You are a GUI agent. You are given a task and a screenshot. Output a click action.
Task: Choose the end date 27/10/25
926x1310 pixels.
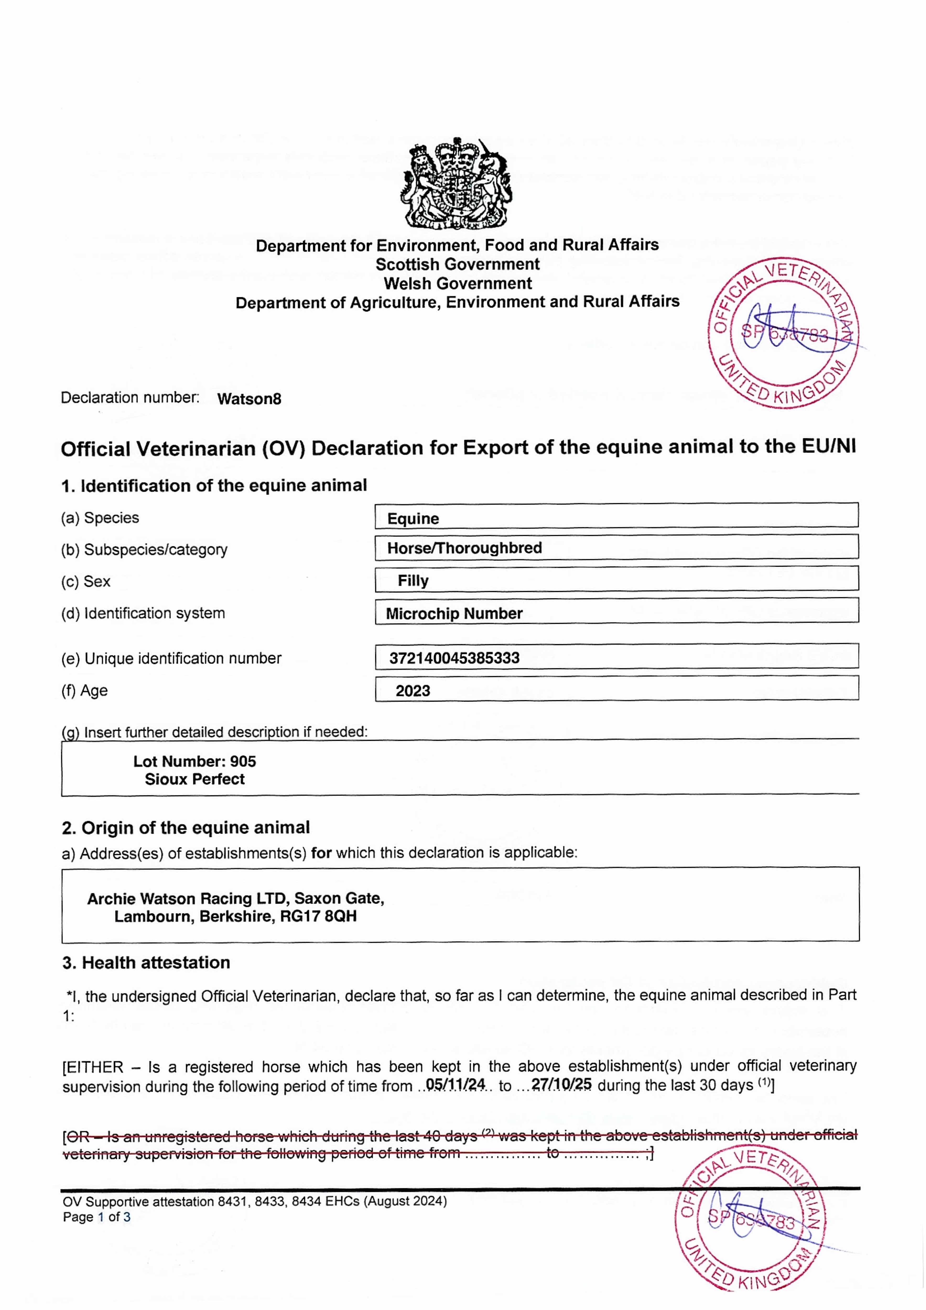pyautogui.click(x=561, y=1084)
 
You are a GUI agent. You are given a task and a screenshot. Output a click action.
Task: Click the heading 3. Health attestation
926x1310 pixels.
pyautogui.click(x=146, y=963)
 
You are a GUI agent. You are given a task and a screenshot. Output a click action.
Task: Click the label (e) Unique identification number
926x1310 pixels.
pyautogui.click(x=171, y=658)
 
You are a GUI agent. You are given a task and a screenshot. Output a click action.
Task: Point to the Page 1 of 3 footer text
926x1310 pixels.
pyautogui.click(x=96, y=1217)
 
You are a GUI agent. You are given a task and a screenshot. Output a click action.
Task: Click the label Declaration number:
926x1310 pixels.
pyautogui.click(x=130, y=398)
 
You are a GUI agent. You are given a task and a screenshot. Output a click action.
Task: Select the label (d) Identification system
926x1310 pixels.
pyautogui.click(x=143, y=613)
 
